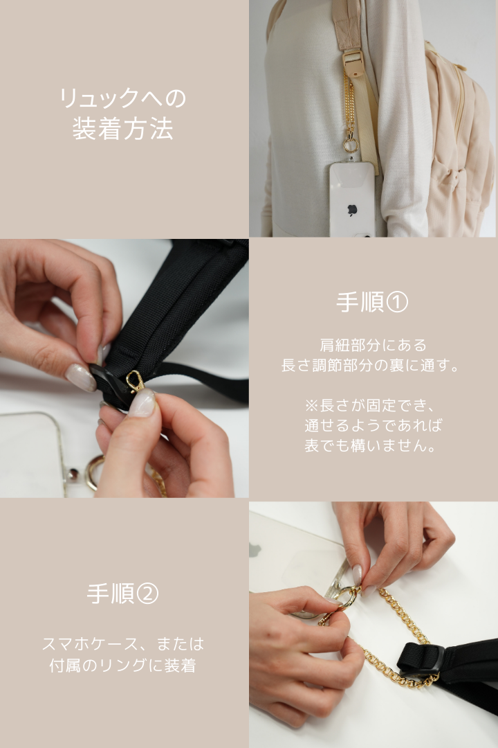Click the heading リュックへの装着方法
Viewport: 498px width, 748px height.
(x=123, y=114)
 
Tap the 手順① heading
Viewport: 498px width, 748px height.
(x=372, y=303)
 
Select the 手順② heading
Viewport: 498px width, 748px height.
(x=123, y=594)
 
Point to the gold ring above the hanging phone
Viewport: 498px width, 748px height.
(x=351, y=145)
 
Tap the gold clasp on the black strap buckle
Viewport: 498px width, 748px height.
(x=134, y=381)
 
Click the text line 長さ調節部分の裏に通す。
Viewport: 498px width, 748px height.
(x=372, y=365)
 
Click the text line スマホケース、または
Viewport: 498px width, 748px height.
(x=123, y=644)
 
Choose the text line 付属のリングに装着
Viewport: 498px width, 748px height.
(x=123, y=666)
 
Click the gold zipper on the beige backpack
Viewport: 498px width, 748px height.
(x=457, y=97)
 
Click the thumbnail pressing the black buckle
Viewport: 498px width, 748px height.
(x=80, y=378)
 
